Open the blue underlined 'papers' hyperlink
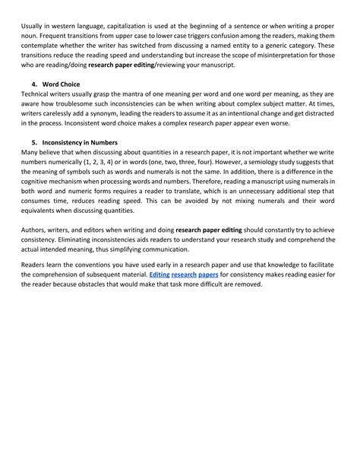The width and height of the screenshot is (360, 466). [207, 293]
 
